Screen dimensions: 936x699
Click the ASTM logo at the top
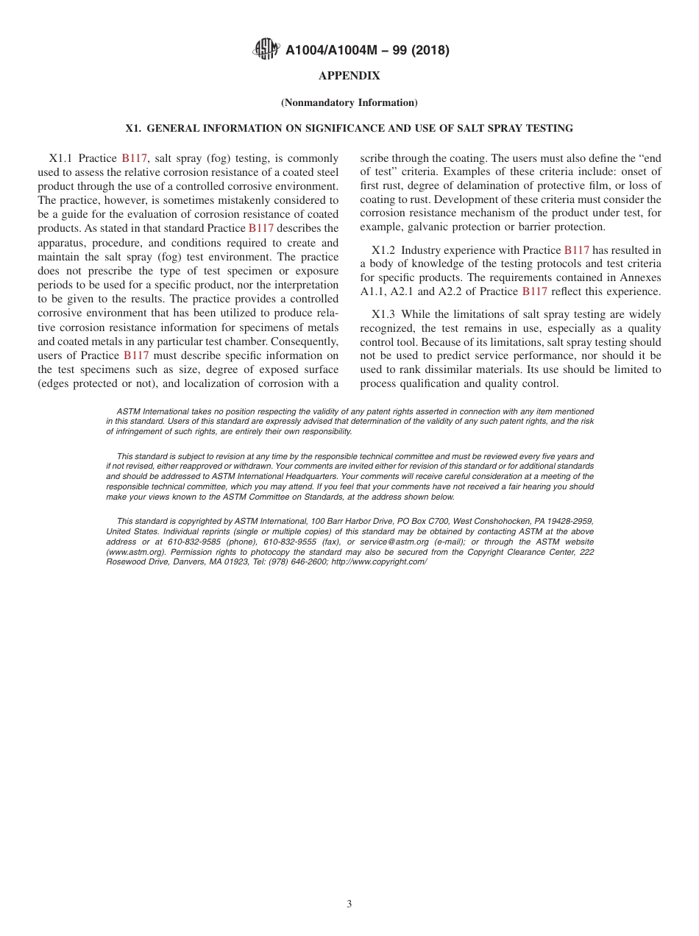(x=266, y=49)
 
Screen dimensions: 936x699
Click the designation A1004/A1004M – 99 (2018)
(x=367, y=51)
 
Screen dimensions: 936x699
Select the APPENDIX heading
(x=349, y=76)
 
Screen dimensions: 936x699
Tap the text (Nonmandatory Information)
(x=349, y=103)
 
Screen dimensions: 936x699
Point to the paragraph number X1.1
(x=62, y=158)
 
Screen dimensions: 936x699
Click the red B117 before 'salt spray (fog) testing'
(x=135, y=158)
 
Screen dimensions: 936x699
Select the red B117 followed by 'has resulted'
(x=576, y=250)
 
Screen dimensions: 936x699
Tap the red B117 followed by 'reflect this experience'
(x=534, y=292)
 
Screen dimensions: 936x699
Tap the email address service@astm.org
(x=394, y=542)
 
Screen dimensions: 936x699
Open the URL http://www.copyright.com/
(x=379, y=561)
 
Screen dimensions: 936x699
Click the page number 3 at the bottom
(x=349, y=904)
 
